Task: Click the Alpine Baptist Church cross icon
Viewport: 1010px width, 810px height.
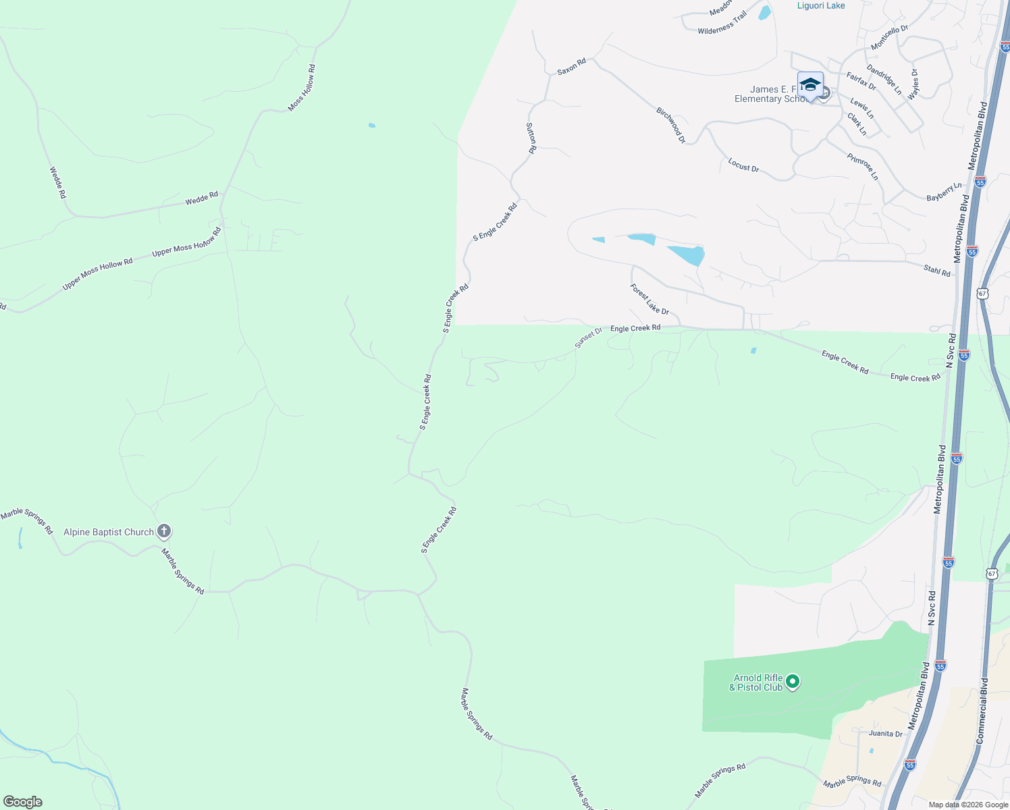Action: pyautogui.click(x=163, y=531)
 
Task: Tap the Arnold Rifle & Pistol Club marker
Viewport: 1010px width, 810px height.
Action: pyautogui.click(x=793, y=682)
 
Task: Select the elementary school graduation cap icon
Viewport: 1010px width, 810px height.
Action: pyautogui.click(x=810, y=86)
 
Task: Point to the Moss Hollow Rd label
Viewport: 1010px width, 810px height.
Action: pyautogui.click(x=302, y=88)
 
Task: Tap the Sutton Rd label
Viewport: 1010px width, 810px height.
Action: pyautogui.click(x=531, y=138)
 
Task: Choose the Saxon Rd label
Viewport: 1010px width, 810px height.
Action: pyautogui.click(x=571, y=66)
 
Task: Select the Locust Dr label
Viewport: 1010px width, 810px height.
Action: pyautogui.click(x=743, y=165)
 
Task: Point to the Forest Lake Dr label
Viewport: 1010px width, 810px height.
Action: pyautogui.click(x=649, y=299)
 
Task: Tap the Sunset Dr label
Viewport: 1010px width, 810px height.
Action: pyautogui.click(x=588, y=337)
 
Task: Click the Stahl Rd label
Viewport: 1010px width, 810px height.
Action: pyautogui.click(x=937, y=271)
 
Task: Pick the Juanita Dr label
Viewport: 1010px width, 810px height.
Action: pyautogui.click(x=886, y=734)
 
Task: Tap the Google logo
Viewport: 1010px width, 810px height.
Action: pyautogui.click(x=23, y=802)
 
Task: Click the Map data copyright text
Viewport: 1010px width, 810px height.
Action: pyautogui.click(x=967, y=805)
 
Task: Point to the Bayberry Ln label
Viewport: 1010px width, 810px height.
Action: pyautogui.click(x=944, y=192)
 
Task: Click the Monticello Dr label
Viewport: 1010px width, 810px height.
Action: pyautogui.click(x=889, y=38)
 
